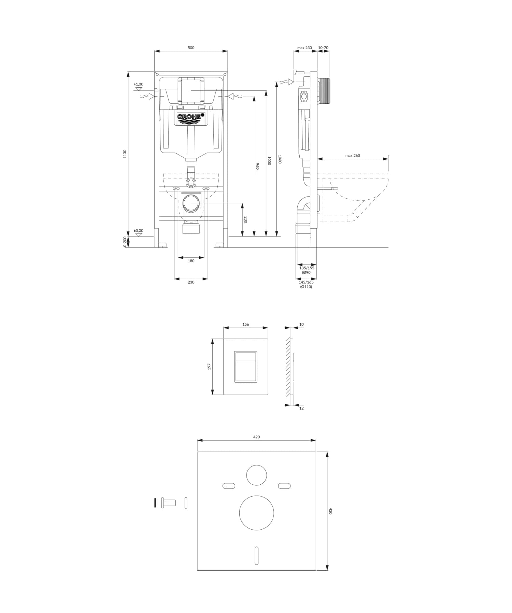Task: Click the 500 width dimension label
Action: click(x=191, y=48)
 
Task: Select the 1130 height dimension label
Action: click(x=125, y=154)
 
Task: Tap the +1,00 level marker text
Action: click(x=139, y=84)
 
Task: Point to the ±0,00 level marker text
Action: click(x=138, y=231)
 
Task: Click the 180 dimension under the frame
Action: click(x=191, y=261)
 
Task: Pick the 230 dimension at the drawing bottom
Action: click(x=191, y=282)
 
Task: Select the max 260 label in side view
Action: click(x=353, y=156)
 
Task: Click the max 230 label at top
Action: click(x=304, y=48)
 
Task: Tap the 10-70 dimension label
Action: click(x=323, y=48)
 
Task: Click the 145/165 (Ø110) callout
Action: click(x=306, y=284)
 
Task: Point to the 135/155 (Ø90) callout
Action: click(x=307, y=270)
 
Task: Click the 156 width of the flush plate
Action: click(x=246, y=324)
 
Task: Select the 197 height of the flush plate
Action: click(x=209, y=367)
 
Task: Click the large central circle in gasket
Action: click(x=257, y=513)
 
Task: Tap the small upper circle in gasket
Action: click(x=257, y=475)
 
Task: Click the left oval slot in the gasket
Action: click(x=229, y=486)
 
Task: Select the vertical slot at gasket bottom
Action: click(x=257, y=556)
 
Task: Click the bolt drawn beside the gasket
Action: click(x=169, y=503)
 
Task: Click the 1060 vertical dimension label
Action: click(x=280, y=159)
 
